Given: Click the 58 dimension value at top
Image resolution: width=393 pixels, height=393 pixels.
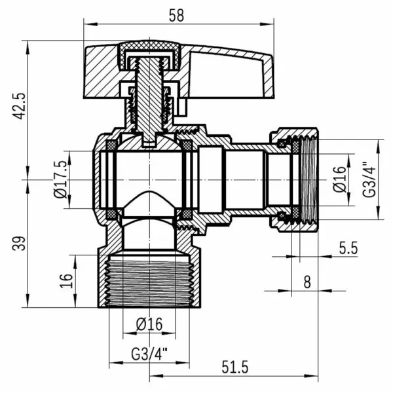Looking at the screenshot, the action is (x=176, y=15).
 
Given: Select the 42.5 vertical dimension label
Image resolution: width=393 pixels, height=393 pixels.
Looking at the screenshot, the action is (x=19, y=106).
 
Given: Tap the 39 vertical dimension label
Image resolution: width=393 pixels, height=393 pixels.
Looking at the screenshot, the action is (x=19, y=243).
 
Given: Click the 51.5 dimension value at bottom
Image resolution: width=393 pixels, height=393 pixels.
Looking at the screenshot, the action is (x=235, y=367).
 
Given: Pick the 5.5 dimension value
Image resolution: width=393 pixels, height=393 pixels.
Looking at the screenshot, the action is (x=348, y=248).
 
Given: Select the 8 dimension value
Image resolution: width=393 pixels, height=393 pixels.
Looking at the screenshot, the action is (x=307, y=282).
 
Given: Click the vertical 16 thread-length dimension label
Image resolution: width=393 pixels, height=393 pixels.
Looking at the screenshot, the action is (x=66, y=280).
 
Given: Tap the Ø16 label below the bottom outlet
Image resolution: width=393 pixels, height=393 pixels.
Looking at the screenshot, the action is (x=149, y=324).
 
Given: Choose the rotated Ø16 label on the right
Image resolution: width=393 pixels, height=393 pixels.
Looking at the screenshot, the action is (x=339, y=179).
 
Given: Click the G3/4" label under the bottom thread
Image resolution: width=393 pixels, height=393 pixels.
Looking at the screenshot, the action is (x=149, y=354).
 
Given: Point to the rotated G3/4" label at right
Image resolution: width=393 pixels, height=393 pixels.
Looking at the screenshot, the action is (x=369, y=179).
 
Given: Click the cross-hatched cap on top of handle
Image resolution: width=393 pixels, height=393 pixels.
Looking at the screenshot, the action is (x=149, y=54).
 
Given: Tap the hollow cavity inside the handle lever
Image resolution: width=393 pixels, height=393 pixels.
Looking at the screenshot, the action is (x=225, y=75).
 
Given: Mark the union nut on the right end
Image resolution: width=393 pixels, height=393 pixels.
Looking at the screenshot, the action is (x=295, y=179).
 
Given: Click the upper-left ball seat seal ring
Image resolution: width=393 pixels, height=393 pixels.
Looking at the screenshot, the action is (x=111, y=145).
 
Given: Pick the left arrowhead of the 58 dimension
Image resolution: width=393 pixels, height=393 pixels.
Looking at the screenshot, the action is (x=90, y=24).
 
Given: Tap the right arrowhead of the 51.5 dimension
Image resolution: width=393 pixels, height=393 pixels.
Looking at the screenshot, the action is (x=311, y=376).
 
